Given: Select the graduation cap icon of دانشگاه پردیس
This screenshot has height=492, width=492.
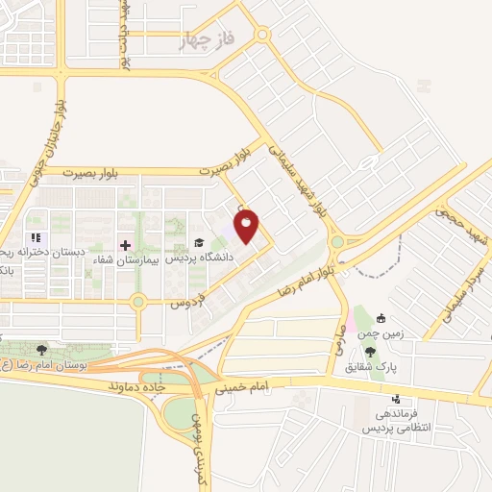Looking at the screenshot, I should click(x=199, y=242).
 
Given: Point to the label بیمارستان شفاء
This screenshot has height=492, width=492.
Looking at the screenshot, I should click(x=125, y=259).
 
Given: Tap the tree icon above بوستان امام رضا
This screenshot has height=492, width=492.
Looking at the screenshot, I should click(x=41, y=350).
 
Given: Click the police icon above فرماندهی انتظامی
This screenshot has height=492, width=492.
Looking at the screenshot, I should click(x=395, y=399).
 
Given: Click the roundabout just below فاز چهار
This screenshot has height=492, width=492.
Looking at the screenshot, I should click(x=262, y=35).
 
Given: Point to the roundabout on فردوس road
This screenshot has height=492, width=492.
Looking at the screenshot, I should click(x=138, y=302).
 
